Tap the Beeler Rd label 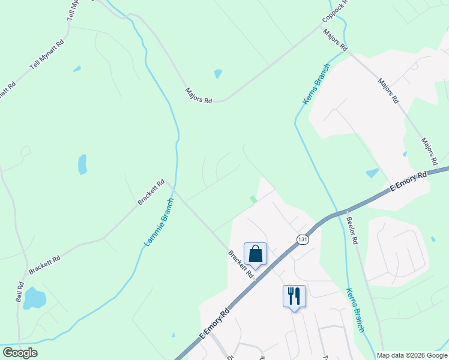pyautogui.click(x=352, y=229)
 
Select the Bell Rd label pyautogui.click(x=19, y=292)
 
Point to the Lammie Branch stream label pyautogui.click(x=159, y=223)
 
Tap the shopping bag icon pyautogui.click(x=256, y=253)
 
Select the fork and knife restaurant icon pyautogui.click(x=294, y=295)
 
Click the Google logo pyautogui.click(x=20, y=353)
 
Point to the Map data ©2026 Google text pyautogui.click(x=412, y=355)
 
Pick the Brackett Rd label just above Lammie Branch pyautogui.click(x=151, y=193)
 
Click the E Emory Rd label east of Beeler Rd pyautogui.click(x=408, y=181)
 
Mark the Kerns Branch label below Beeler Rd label pyautogui.click(x=355, y=309)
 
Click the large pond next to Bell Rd pyautogui.click(x=35, y=298)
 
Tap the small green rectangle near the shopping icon pyautogui.click(x=253, y=199)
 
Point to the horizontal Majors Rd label pyautogui.click(x=199, y=96)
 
